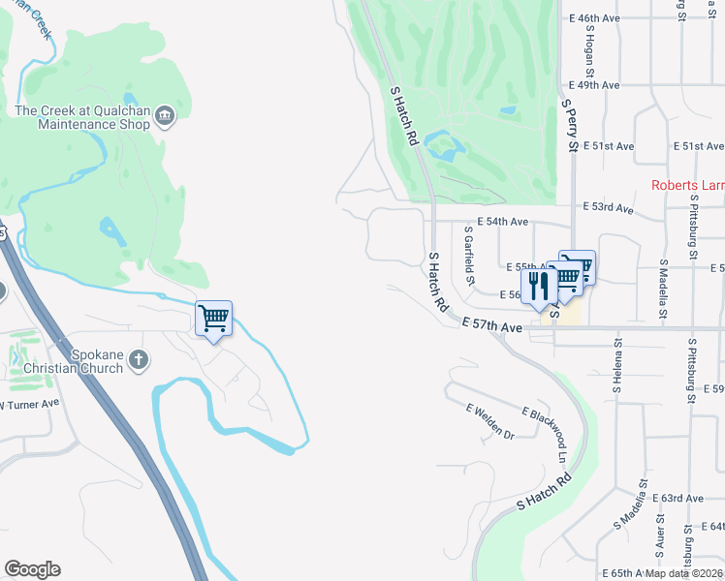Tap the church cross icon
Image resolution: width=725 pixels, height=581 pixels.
coord(139,360)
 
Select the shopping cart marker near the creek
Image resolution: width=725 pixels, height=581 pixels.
coord(213,319)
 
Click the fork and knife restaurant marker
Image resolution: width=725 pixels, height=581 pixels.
coord(538,287)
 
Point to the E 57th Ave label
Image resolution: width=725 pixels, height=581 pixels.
coord(492,327)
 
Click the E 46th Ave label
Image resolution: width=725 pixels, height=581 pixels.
coord(594,18)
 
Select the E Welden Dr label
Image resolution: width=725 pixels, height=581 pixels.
coord(489,422)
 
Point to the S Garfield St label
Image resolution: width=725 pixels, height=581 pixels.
coord(469,256)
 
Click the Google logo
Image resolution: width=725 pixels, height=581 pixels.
coord(32,569)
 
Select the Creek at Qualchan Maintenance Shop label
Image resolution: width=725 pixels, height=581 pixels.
coord(82,116)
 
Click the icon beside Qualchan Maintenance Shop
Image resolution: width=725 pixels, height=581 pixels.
coord(165,116)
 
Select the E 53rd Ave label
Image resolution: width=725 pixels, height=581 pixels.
coord(609,208)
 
